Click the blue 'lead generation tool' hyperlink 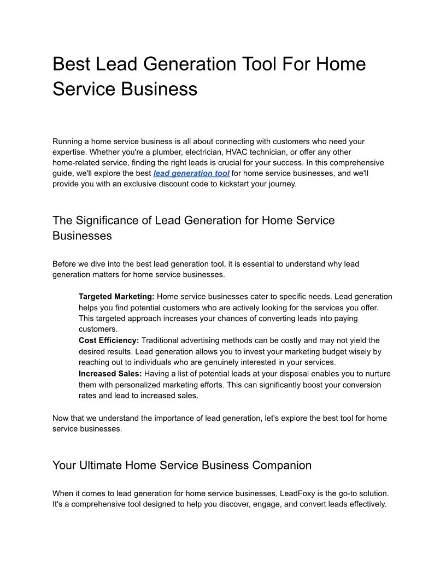pyautogui.click(x=191, y=173)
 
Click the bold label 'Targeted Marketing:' pyautogui.click(x=116, y=297)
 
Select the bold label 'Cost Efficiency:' pyautogui.click(x=109, y=340)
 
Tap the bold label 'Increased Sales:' pyautogui.click(x=110, y=374)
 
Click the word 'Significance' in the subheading pyautogui.click(x=107, y=221)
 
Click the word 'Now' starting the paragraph pyautogui.click(x=61, y=418)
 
